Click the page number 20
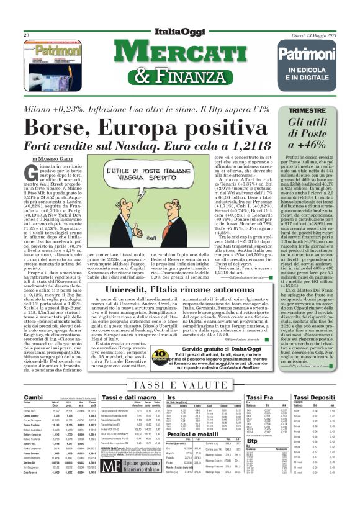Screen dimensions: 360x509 pyautogui.click(x=26, y=35)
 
